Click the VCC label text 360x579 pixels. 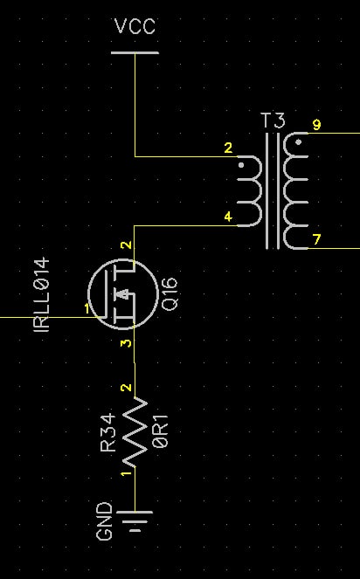[135, 26]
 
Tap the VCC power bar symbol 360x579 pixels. [135, 52]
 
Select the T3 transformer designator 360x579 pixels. [273, 121]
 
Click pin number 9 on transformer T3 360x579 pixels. [317, 125]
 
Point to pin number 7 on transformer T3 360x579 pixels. [317, 240]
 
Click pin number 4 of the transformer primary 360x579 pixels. [228, 217]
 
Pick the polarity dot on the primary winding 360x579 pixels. [241, 165]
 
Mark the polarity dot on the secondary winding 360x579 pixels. [299, 141]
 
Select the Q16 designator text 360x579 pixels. [170, 294]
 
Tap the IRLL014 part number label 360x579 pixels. [41, 294]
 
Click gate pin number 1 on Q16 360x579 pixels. [87, 308]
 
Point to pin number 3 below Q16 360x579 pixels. [127, 343]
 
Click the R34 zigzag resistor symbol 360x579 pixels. [135, 432]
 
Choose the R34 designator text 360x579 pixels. [108, 433]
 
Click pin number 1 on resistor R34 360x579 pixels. [127, 473]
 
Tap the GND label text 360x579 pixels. [104, 520]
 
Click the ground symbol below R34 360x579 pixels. [135, 521]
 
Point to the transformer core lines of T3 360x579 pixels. [273, 191]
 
